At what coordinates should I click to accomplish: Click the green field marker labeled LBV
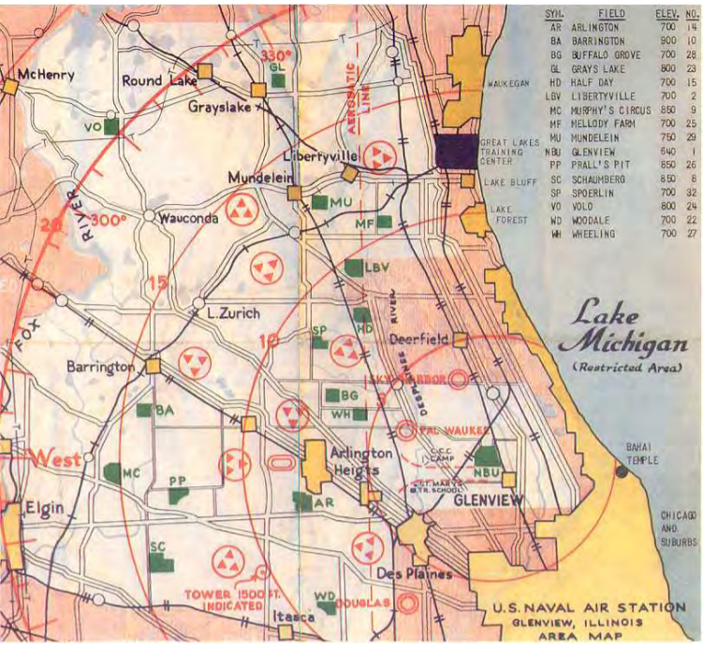354,267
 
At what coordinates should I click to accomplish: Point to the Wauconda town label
188,218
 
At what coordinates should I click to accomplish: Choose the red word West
57,458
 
